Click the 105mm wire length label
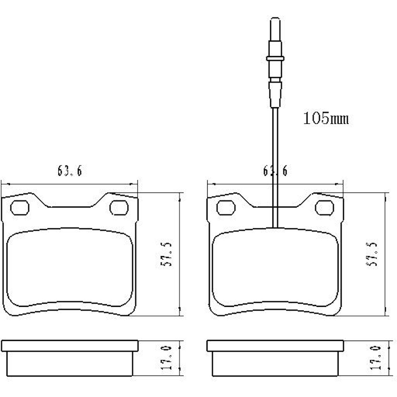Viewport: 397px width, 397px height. click(326, 118)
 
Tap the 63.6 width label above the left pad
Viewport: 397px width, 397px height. click(69, 171)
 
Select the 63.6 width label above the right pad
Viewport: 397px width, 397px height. click(275, 171)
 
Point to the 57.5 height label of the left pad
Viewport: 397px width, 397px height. click(168, 254)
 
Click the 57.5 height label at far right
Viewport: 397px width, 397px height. click(374, 254)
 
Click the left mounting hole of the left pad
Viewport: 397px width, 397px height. click(19, 207)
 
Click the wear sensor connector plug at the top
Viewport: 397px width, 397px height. click(275, 60)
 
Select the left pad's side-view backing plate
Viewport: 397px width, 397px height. click(69, 346)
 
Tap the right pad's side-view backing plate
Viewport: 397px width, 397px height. click(275, 346)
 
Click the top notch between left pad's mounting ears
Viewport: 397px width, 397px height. click(69, 207)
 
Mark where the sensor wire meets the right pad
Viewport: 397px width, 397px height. click(275, 227)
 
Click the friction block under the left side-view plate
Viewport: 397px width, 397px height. click(69, 364)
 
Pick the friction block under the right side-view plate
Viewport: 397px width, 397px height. click(275, 364)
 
